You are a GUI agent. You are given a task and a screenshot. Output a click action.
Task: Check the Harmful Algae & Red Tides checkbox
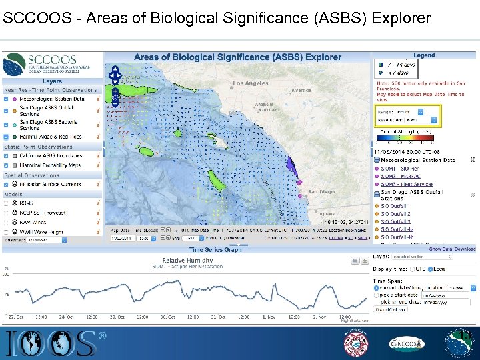(x=7, y=136)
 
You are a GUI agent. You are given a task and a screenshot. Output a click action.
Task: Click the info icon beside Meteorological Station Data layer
(x=99, y=99)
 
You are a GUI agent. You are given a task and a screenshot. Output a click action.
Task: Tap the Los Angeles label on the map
(x=251, y=84)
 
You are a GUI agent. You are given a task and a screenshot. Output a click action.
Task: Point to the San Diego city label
(x=321, y=191)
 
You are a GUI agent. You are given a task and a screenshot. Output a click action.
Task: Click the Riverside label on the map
(x=301, y=90)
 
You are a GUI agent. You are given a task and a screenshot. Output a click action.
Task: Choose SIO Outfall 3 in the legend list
(x=395, y=221)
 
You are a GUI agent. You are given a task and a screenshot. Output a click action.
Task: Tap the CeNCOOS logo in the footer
(x=407, y=344)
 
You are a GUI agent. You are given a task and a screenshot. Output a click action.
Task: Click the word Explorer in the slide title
(x=397, y=19)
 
